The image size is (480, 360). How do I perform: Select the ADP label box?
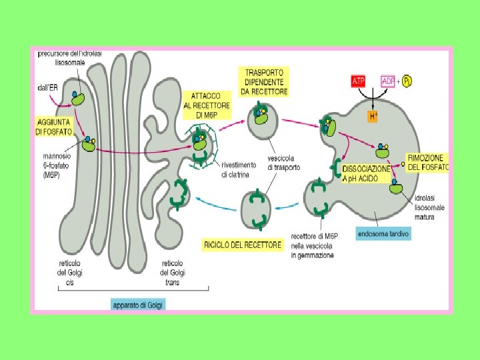pos(388,81)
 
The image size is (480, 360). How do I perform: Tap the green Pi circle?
pos(406,81)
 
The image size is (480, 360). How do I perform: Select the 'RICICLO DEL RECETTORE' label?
pos(243,245)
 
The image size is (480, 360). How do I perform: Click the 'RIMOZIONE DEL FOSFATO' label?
pos(429,162)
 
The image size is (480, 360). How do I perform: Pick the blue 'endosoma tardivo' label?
pos(383,234)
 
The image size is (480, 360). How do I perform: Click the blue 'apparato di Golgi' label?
pos(138,305)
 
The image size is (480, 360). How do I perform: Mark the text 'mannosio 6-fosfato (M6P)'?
pos(54,166)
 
